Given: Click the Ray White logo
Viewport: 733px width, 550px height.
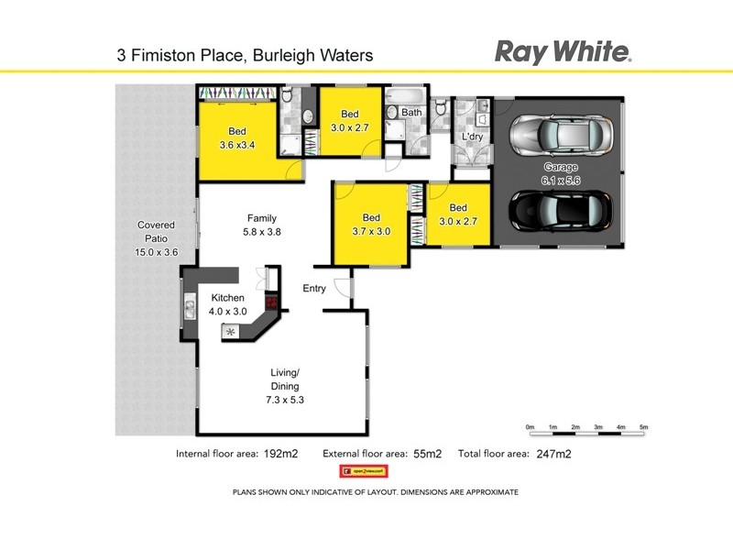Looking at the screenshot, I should pos(563,51).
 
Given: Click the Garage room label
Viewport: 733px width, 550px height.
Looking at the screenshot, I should pos(561,167).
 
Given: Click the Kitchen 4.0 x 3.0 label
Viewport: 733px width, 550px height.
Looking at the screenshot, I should pos(228,305).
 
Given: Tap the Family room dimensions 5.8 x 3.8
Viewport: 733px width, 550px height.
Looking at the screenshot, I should pos(261,232).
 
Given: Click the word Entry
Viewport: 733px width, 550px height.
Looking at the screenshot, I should pos(314,289).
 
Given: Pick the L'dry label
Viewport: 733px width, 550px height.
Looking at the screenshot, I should pos(472,137).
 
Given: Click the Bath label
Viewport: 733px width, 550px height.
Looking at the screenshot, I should pos(411,113).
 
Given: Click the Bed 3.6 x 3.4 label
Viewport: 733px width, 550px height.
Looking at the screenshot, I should pos(236,137).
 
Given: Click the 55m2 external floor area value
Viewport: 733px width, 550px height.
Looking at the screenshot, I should pos(426,454).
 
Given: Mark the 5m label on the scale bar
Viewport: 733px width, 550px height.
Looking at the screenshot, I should pos(643,427).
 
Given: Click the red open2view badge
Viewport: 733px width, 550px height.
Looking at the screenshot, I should pos(364,471).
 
